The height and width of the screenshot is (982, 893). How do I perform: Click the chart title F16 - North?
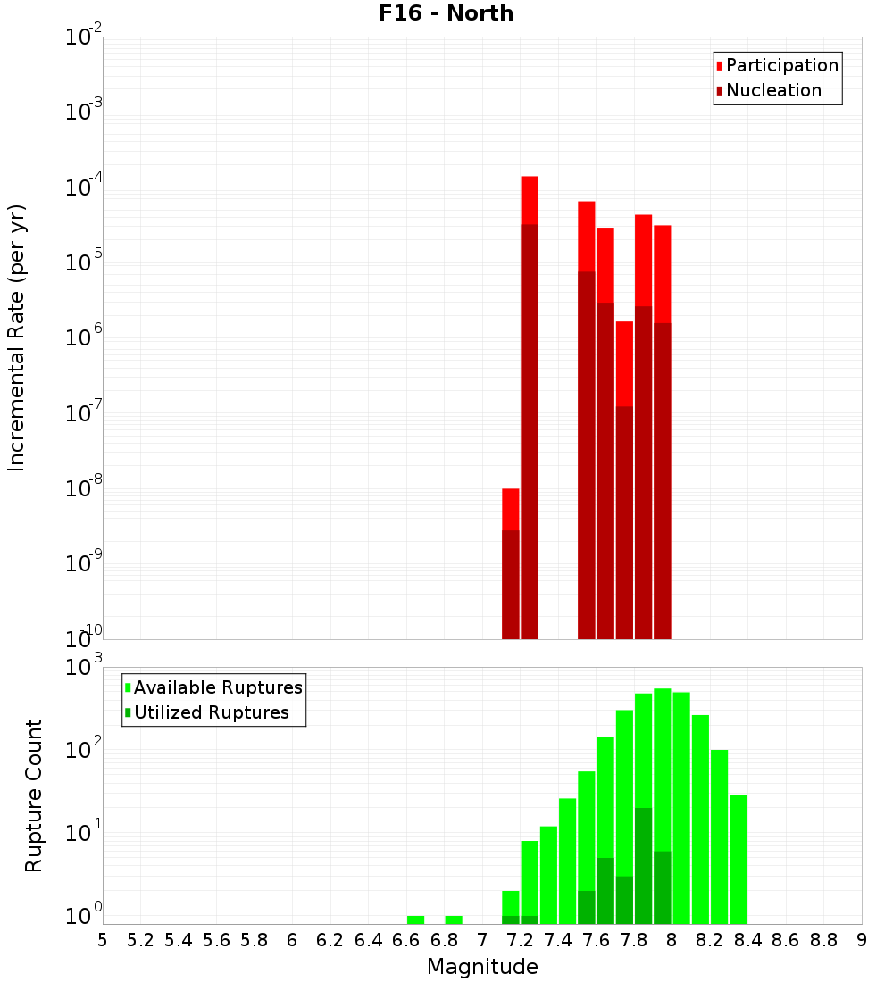(444, 13)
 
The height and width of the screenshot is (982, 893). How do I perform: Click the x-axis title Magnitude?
(482, 967)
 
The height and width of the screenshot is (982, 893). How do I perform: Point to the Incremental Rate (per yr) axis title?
(17, 337)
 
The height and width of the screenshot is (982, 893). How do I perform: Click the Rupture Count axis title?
(34, 795)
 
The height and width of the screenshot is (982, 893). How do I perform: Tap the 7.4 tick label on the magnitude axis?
(558, 940)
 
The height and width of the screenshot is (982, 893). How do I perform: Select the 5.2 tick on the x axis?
(140, 940)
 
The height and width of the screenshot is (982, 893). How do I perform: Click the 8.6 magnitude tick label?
(786, 940)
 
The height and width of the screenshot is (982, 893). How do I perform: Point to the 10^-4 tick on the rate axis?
(83, 188)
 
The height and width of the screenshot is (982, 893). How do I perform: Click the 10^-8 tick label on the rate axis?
(83, 489)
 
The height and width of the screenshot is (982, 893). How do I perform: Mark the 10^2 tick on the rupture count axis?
(83, 750)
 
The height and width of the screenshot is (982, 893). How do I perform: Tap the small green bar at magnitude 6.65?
(415, 920)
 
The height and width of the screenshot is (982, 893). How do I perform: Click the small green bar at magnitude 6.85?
(454, 920)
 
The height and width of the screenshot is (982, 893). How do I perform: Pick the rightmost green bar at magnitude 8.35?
(739, 857)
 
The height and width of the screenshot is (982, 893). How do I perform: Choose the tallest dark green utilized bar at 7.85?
(643, 861)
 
